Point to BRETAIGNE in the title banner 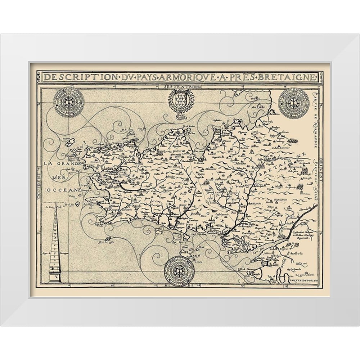tap(289, 78)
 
